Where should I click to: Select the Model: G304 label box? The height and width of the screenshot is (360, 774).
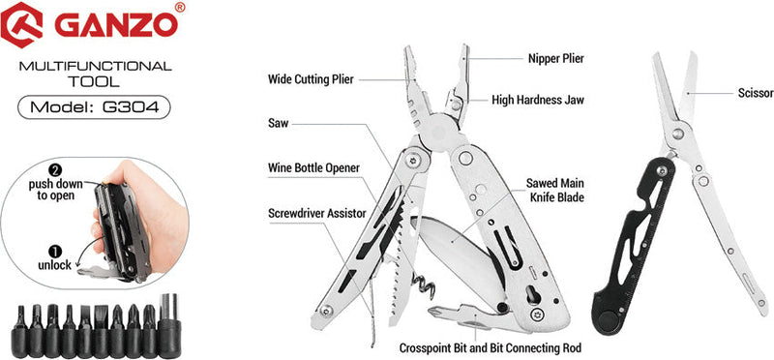(x=94, y=106)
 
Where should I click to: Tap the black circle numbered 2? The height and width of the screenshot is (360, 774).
(x=41, y=168)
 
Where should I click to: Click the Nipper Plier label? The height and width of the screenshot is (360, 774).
(x=556, y=58)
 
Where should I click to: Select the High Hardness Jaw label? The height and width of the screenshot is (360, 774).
(x=538, y=99)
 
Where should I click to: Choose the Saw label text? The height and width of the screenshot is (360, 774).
(x=278, y=123)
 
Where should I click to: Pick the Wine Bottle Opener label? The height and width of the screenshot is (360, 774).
(x=314, y=167)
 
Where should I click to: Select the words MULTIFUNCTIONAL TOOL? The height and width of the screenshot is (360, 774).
(x=95, y=74)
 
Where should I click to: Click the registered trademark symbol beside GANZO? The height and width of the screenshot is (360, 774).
(x=180, y=8)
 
